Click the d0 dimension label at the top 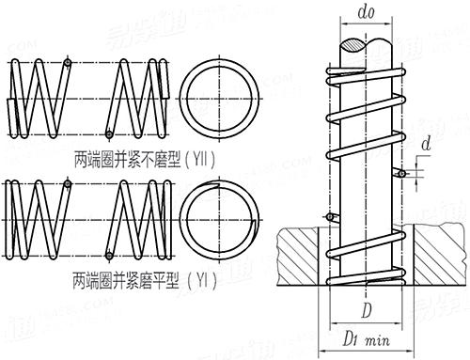click(x=366, y=15)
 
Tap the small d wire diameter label click(x=426, y=144)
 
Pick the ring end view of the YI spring click(x=217, y=218)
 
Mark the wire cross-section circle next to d click(x=401, y=173)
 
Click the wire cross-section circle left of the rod click(x=329, y=218)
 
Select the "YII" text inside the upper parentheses click(x=202, y=161)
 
